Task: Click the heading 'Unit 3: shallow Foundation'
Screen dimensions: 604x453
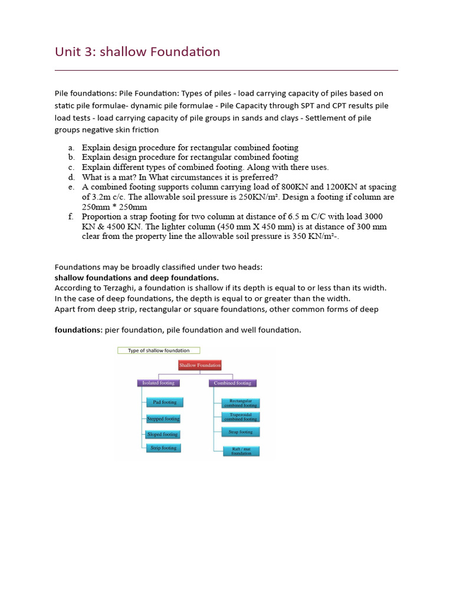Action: coord(137,52)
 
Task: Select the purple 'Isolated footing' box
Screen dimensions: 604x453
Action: coord(159,383)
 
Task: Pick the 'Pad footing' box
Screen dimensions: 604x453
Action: coord(165,402)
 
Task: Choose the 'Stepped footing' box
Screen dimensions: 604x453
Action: coord(163,419)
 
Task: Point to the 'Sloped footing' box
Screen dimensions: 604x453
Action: coord(163,434)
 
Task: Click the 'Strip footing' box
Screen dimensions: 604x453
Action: coord(163,448)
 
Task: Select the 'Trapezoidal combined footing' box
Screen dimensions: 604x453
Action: coord(240,417)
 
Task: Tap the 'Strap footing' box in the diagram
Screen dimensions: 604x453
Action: coord(240,432)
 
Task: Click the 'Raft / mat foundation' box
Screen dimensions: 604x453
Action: coord(241,451)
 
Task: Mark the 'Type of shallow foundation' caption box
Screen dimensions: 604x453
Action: coord(159,350)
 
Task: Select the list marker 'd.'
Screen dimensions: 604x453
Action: coord(71,177)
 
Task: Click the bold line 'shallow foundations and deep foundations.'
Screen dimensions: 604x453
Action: coord(136,277)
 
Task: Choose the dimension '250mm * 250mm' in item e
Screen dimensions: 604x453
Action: coord(114,207)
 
